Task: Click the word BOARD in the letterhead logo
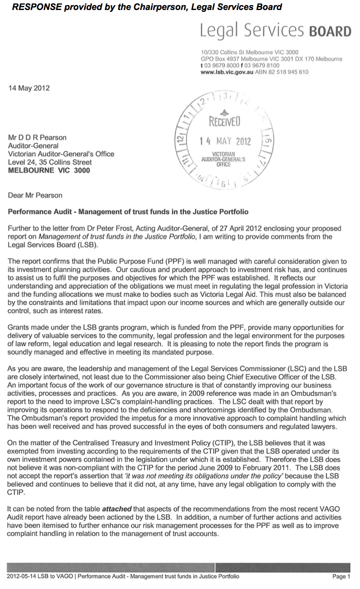pyautogui.click(x=330, y=31)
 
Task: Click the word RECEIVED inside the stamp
pyautogui.click(x=224, y=122)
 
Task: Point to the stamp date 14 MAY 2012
pyautogui.click(x=225, y=141)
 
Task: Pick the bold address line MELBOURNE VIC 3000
pyautogui.click(x=49, y=171)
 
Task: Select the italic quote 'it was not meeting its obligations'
pyautogui.click(x=200, y=477)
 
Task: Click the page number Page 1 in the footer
pyautogui.click(x=341, y=577)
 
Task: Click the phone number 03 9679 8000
pyautogui.click(x=222, y=66)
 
